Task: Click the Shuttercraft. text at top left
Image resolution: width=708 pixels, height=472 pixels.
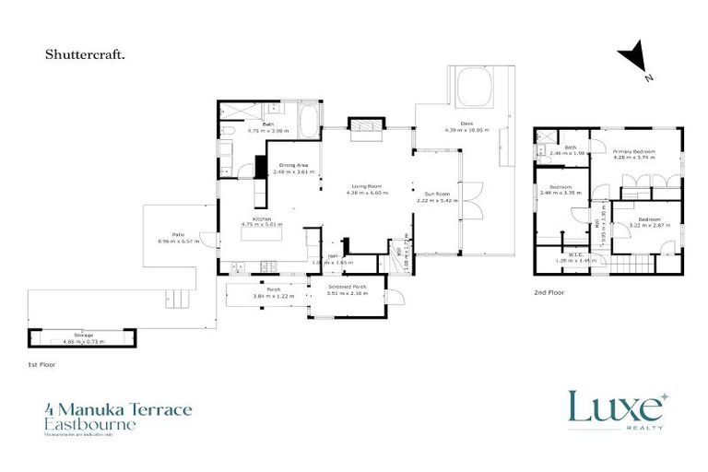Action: point(86,54)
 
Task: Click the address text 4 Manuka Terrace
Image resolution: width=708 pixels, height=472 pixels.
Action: point(118,408)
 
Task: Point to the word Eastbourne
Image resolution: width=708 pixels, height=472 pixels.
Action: point(89,424)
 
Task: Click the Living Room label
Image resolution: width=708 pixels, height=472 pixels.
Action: point(367,186)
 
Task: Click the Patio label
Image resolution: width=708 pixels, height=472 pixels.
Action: point(166,235)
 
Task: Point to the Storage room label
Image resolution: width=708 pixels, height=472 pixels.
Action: point(83,335)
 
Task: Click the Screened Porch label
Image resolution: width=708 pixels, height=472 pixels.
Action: point(346,288)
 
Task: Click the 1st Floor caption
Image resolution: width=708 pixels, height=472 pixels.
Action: point(41,365)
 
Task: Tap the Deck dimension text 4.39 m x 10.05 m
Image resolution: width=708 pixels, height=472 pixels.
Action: point(466,130)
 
